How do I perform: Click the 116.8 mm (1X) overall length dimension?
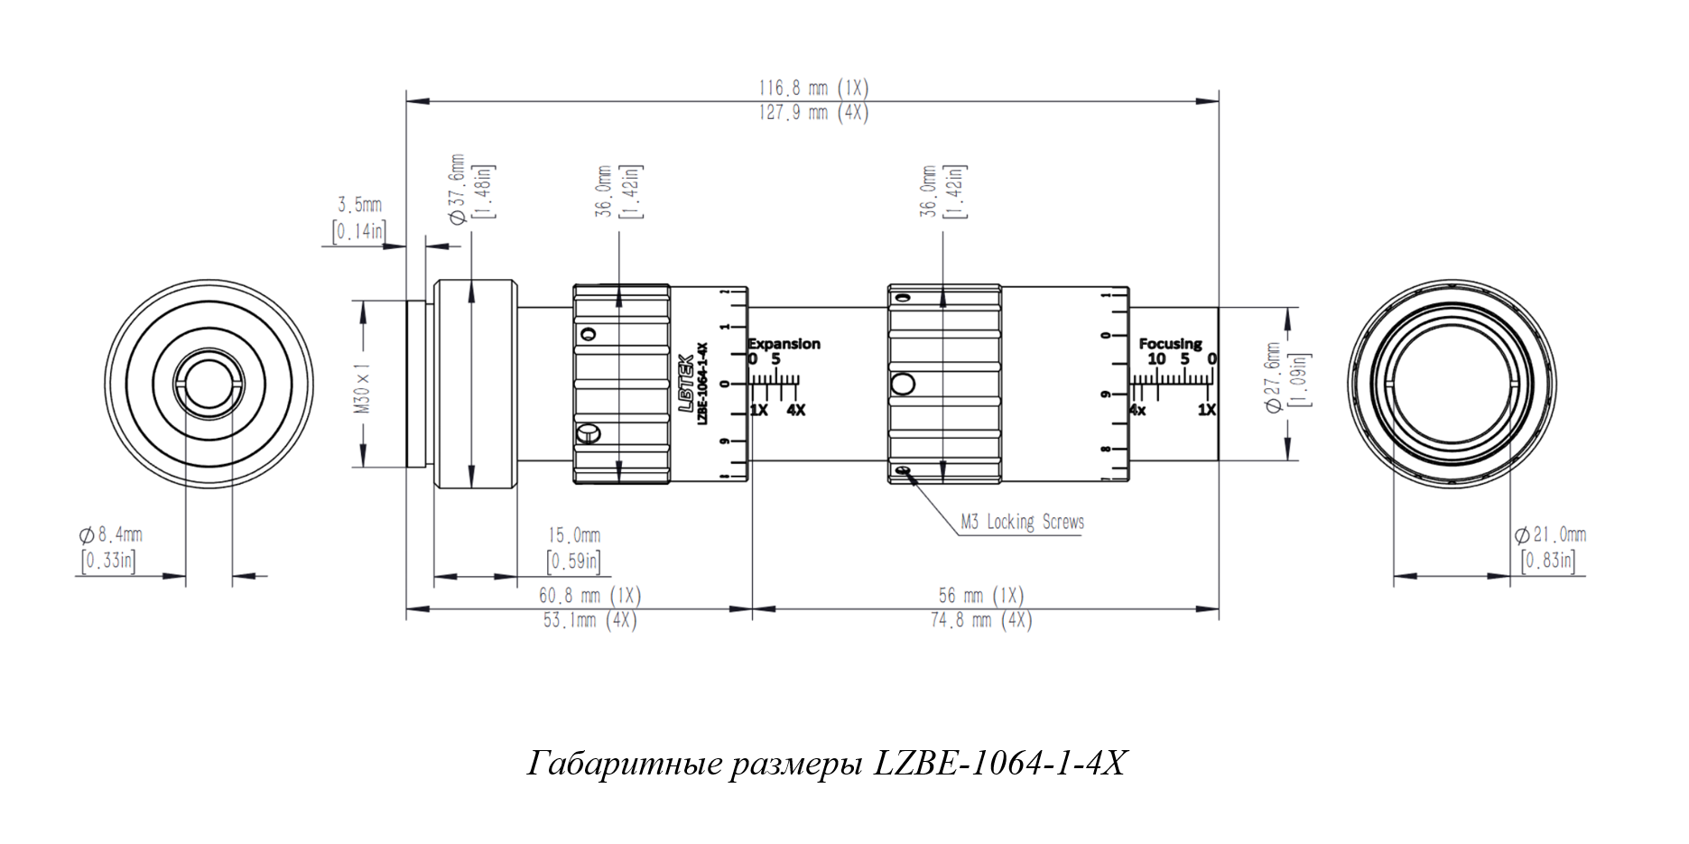pyautogui.click(x=812, y=88)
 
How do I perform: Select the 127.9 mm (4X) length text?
pyautogui.click(x=812, y=113)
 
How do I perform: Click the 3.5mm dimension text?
pyautogui.click(x=359, y=205)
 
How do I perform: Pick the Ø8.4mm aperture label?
pyautogui.click(x=111, y=534)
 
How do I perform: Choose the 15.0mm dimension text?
pyautogui.click(x=574, y=535)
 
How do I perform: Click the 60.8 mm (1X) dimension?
pyautogui.click(x=589, y=596)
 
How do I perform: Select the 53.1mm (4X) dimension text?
pyautogui.click(x=589, y=621)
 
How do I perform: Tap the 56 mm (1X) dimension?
pyautogui.click(x=980, y=596)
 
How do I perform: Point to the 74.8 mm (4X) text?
pyautogui.click(x=980, y=621)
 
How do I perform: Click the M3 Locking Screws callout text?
pyautogui.click(x=1022, y=522)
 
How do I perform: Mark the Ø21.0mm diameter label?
pyautogui.click(x=1550, y=534)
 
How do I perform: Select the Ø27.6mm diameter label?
pyautogui.click(x=1274, y=377)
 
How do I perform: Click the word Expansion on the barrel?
pyautogui.click(x=784, y=344)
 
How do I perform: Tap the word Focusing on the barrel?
pyautogui.click(x=1170, y=344)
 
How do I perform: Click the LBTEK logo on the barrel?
pyautogui.click(x=686, y=383)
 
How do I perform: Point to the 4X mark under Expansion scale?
pyautogui.click(x=795, y=410)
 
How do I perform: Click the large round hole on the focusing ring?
pyautogui.click(x=903, y=385)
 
